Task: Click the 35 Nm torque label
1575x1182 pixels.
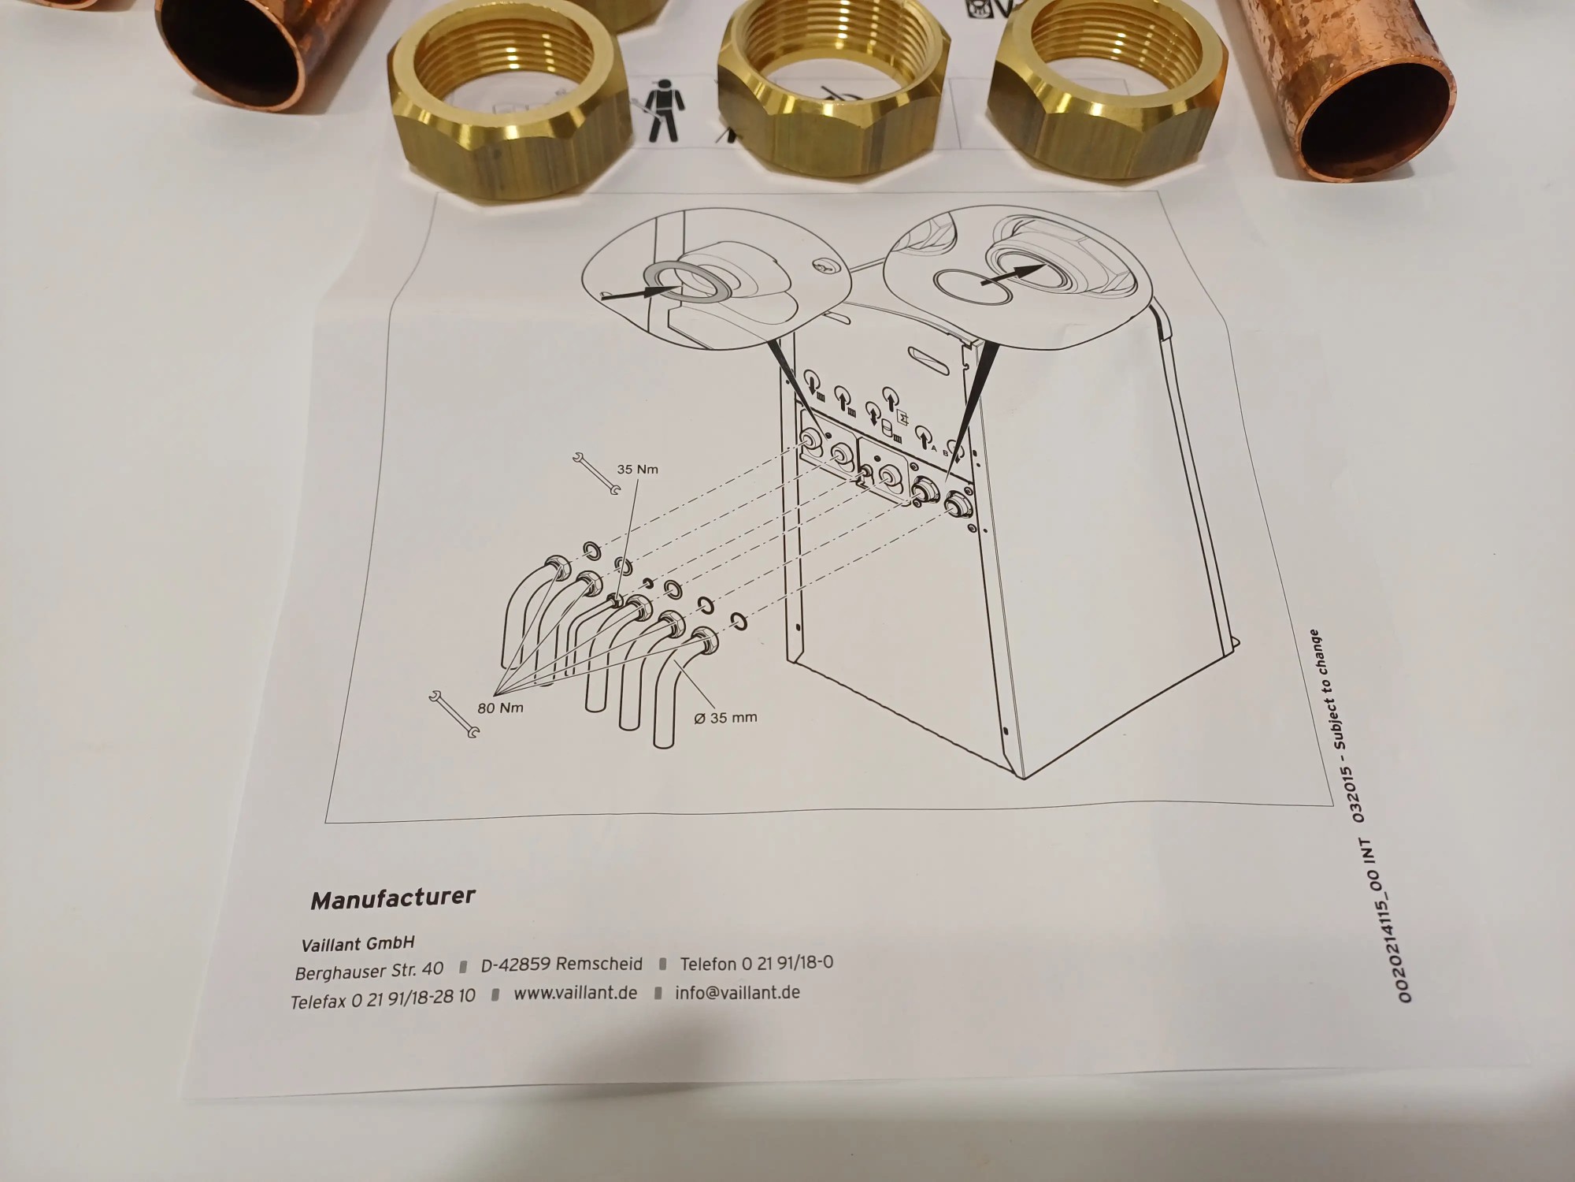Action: pos(637,469)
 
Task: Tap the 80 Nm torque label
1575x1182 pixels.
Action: pos(500,708)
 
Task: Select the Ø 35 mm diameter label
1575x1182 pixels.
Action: pos(725,718)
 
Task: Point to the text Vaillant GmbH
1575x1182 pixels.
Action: pos(358,943)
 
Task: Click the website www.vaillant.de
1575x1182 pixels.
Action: pos(575,993)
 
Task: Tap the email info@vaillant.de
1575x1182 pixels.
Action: pos(737,992)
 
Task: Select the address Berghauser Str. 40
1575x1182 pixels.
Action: pos(369,969)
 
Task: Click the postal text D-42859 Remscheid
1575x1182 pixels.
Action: pos(561,965)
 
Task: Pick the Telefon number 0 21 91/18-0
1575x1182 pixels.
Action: pos(756,963)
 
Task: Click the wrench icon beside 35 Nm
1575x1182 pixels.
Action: pos(597,474)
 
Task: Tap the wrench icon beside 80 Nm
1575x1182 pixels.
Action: pos(455,714)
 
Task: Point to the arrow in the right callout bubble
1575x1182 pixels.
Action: pos(1013,273)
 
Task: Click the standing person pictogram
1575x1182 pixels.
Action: pos(663,113)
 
